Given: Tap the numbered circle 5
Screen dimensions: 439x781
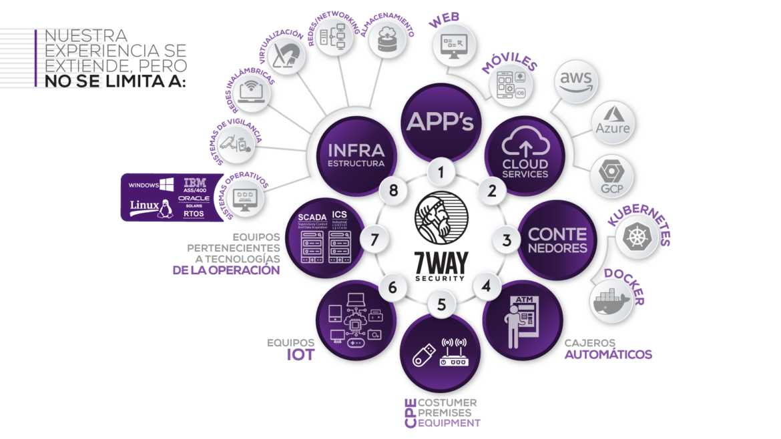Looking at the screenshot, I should pos(441,304).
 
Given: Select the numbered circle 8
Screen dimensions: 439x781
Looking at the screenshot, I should pos(393,191).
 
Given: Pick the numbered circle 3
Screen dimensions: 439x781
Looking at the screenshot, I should pos(507,238).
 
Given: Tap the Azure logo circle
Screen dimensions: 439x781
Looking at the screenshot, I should pos(612,122).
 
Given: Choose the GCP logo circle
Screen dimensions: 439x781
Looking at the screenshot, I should pos(611,175).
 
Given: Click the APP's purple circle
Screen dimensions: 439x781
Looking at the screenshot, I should pos(441,122).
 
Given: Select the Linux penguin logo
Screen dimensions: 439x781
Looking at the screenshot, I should pos(163,209).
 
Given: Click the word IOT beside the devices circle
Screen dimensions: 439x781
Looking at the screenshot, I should pos(300,354).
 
